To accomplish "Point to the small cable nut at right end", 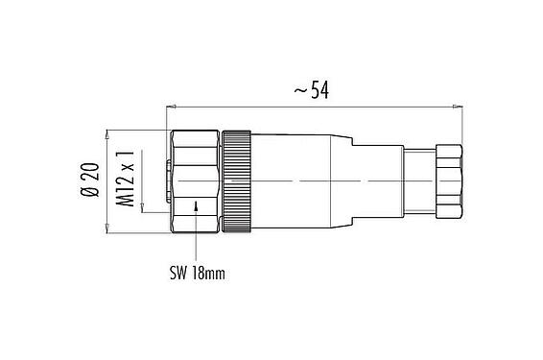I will (448, 180).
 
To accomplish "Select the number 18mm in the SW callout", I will (209, 274).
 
